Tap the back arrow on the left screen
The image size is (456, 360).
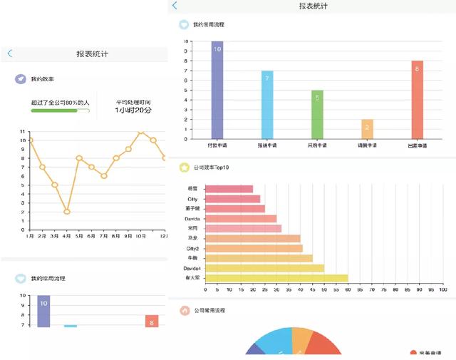pos(9,53)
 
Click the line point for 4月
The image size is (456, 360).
pos(66,212)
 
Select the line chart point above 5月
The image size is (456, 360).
pos(79,158)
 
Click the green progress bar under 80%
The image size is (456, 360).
pos(58,110)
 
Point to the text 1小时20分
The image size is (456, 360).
pos(134,110)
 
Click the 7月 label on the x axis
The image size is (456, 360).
pos(103,235)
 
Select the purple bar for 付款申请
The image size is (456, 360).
pos(217,89)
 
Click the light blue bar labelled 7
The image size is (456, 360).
pos(267,104)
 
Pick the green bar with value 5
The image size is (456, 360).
pos(317,114)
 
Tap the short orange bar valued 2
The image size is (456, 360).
pos(367,128)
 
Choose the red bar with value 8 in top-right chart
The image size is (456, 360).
pos(417,99)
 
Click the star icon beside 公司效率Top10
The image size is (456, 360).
pos(184,168)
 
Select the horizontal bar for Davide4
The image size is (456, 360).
pos(264,268)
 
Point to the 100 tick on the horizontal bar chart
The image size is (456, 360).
pos(442,289)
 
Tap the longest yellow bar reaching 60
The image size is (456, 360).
pos(276,277)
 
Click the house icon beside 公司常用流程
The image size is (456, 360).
pos(184,311)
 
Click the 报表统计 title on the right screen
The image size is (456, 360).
pos(313,6)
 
